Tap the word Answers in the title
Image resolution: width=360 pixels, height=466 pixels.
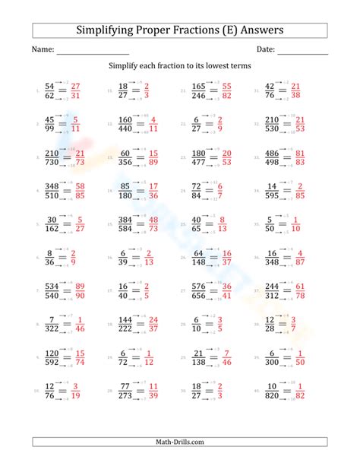pyautogui.click(x=259, y=30)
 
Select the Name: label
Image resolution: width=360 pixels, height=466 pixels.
pyautogui.click(x=43, y=50)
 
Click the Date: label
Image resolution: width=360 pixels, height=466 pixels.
pyautogui.click(x=265, y=50)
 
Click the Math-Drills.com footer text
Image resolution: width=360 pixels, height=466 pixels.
pyautogui.click(x=180, y=442)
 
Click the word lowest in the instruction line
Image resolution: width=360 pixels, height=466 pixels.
pyautogui.click(x=220, y=67)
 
